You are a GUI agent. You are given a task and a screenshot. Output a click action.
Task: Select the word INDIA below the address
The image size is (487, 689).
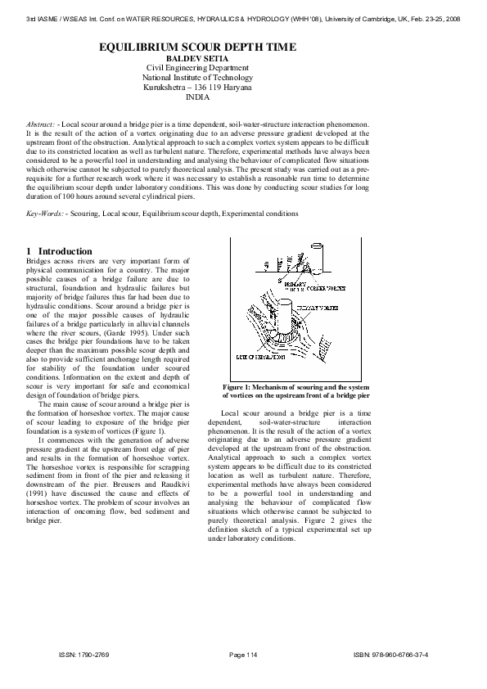(x=197, y=96)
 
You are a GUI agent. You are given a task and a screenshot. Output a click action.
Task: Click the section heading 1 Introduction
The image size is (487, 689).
(x=59, y=250)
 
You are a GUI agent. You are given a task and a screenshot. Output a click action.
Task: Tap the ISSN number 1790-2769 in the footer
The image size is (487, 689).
(x=91, y=655)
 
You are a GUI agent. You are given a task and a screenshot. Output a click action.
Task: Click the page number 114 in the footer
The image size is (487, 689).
(x=249, y=655)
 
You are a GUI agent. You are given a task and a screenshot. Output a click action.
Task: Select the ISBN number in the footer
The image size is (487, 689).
(x=403, y=655)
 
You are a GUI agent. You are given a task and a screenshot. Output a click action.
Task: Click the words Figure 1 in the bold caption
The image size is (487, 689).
(x=241, y=386)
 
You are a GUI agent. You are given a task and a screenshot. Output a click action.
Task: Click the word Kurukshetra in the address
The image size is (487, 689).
(x=167, y=86)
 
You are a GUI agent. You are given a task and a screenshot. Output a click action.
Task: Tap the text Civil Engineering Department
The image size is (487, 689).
(x=197, y=68)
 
